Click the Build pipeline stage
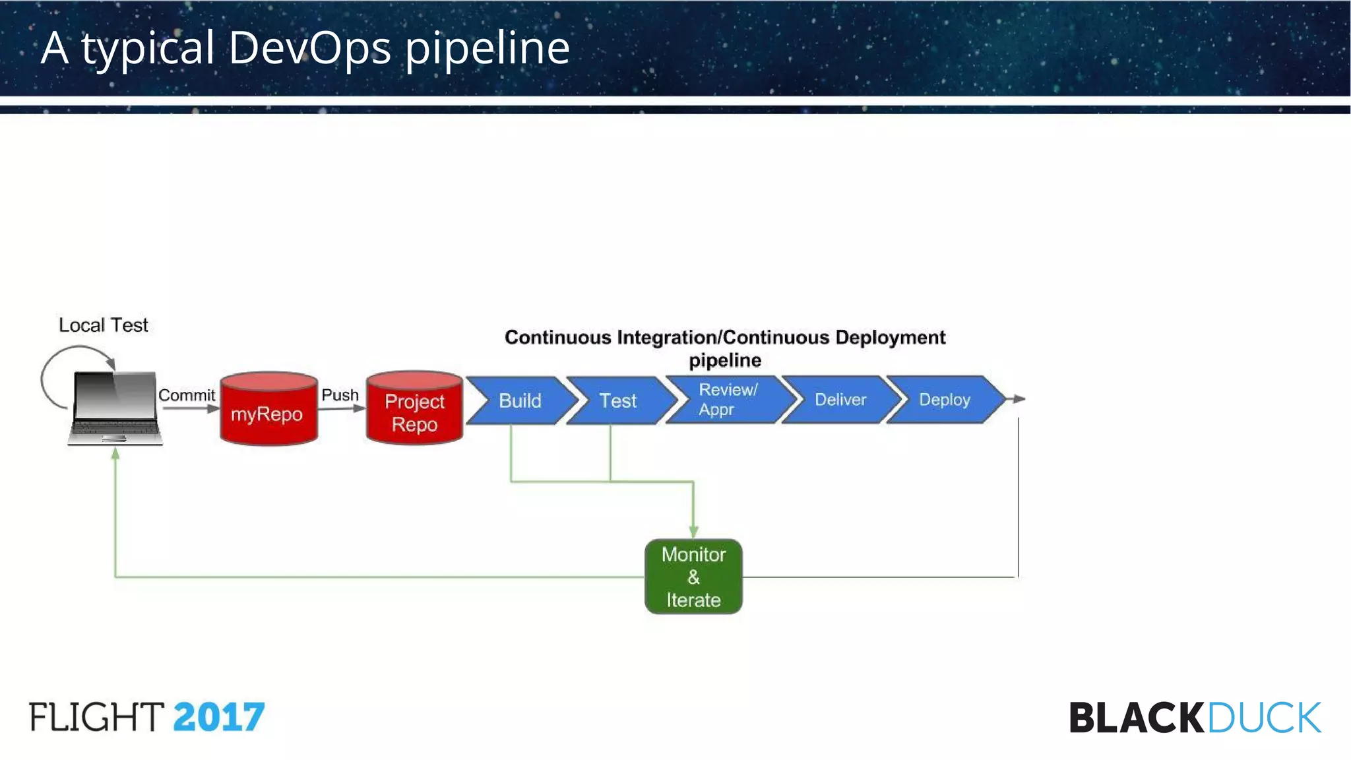click(520, 400)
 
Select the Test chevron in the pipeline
click(618, 400)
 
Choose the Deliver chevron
click(840, 400)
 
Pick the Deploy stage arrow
click(944, 400)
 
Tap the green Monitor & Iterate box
click(693, 577)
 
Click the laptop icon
click(115, 409)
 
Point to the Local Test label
click(104, 325)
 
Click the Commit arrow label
click(187, 395)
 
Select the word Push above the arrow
click(340, 395)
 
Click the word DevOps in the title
click(309, 47)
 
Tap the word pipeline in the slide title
click(487, 47)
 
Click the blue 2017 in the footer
click(219, 717)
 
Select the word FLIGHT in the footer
click(96, 717)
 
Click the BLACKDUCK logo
click(1195, 718)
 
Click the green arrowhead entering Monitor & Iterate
click(693, 532)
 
